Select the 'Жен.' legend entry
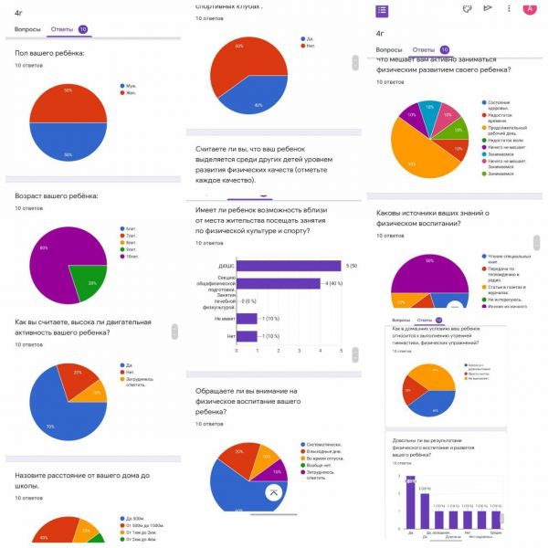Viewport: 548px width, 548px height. click(130, 93)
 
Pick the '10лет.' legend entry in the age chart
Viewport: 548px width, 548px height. click(132, 256)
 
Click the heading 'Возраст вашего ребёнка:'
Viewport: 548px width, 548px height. click(57, 196)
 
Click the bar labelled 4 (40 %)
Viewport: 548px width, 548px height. click(278, 283)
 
